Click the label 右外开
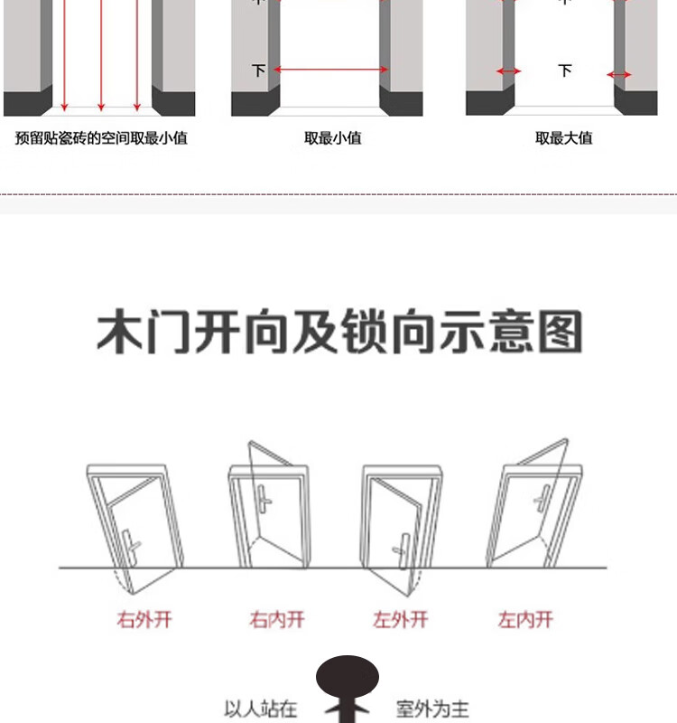[144, 620]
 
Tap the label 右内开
[277, 620]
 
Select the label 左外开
[401, 620]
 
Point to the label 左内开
[525, 620]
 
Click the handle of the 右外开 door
[134, 546]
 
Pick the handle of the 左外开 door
[402, 546]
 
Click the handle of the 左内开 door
[543, 497]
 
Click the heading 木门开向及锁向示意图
[339, 333]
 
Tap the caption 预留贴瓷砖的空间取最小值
[101, 138]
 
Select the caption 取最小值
[332, 138]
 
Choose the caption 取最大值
[564, 138]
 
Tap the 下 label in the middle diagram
[259, 70]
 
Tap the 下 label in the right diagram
[565, 70]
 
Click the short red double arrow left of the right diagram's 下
[508, 71]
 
